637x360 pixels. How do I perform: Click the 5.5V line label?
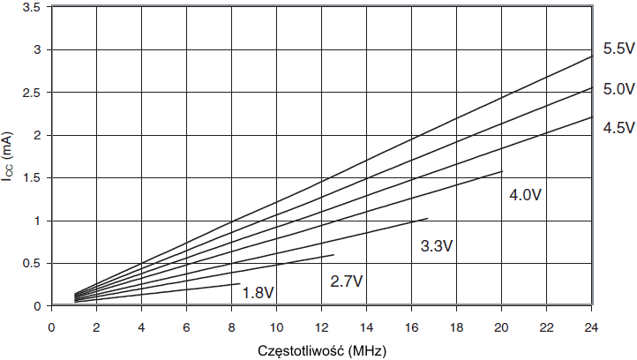click(x=618, y=49)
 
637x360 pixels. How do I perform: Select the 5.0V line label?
click(x=618, y=89)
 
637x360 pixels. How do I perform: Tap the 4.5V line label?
click(x=618, y=128)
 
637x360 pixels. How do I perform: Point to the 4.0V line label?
click(x=525, y=194)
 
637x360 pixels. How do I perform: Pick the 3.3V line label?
click(x=437, y=246)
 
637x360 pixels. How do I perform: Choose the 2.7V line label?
click(x=348, y=282)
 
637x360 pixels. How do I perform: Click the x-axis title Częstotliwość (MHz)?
click(x=320, y=349)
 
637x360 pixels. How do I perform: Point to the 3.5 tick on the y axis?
click(x=33, y=7)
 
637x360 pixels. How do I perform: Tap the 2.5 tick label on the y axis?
click(x=33, y=93)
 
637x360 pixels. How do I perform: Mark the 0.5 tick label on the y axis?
click(x=33, y=264)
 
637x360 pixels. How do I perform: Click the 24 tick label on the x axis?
click(x=591, y=327)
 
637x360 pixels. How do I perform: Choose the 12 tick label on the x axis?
click(x=321, y=327)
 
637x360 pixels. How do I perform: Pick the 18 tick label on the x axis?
click(x=456, y=327)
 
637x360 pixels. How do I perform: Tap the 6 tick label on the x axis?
click(x=186, y=327)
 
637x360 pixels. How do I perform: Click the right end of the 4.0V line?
click(x=502, y=171)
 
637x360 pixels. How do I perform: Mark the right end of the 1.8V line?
click(x=239, y=284)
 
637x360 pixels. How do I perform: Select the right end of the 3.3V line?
click(x=427, y=219)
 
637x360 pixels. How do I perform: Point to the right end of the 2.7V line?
click(x=333, y=255)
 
